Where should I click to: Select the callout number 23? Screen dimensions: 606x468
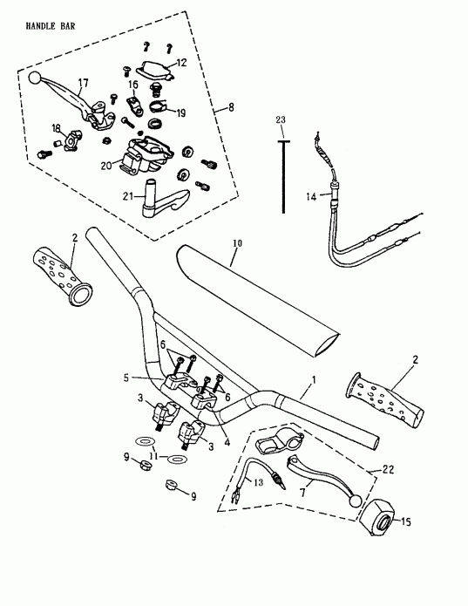281,119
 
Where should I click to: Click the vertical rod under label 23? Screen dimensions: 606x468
283,174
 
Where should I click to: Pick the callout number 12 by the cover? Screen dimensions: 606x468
182,62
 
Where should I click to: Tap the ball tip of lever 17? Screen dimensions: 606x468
35,78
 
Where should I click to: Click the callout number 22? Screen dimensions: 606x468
374,470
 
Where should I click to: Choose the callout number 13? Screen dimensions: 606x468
259,482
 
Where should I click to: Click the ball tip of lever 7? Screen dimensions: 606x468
356,500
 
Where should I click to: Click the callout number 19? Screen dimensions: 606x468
181,113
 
